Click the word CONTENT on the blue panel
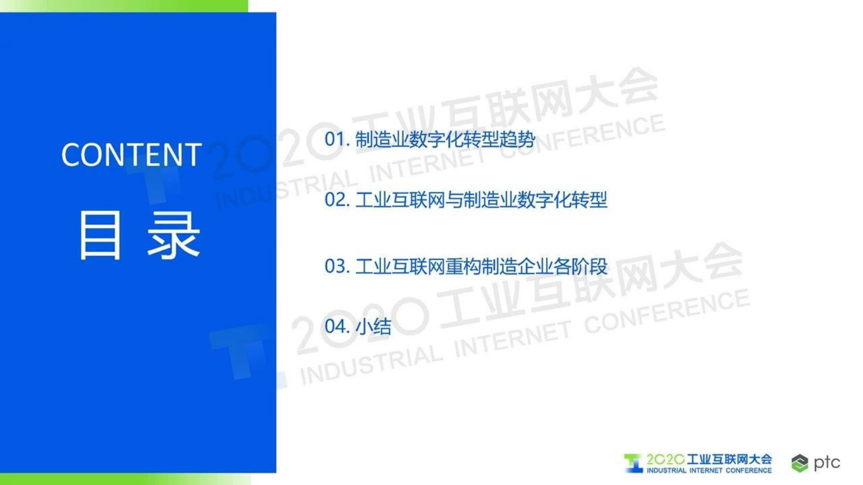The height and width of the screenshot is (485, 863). [x=131, y=155]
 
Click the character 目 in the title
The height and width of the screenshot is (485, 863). [x=100, y=235]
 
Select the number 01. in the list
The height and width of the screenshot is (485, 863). [x=337, y=139]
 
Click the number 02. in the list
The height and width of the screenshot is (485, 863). [x=337, y=200]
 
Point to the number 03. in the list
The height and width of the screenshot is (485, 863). [x=337, y=266]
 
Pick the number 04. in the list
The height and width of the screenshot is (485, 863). [x=337, y=326]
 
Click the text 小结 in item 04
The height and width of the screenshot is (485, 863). [x=374, y=326]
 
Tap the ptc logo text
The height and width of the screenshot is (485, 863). [x=827, y=462]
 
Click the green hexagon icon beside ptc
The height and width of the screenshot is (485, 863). [x=799, y=463]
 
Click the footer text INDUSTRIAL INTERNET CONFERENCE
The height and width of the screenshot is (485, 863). [x=709, y=470]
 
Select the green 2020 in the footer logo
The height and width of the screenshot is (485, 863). [x=665, y=459]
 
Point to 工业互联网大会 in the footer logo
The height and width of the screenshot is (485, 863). [x=729, y=459]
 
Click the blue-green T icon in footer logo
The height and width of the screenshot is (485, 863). [x=633, y=463]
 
